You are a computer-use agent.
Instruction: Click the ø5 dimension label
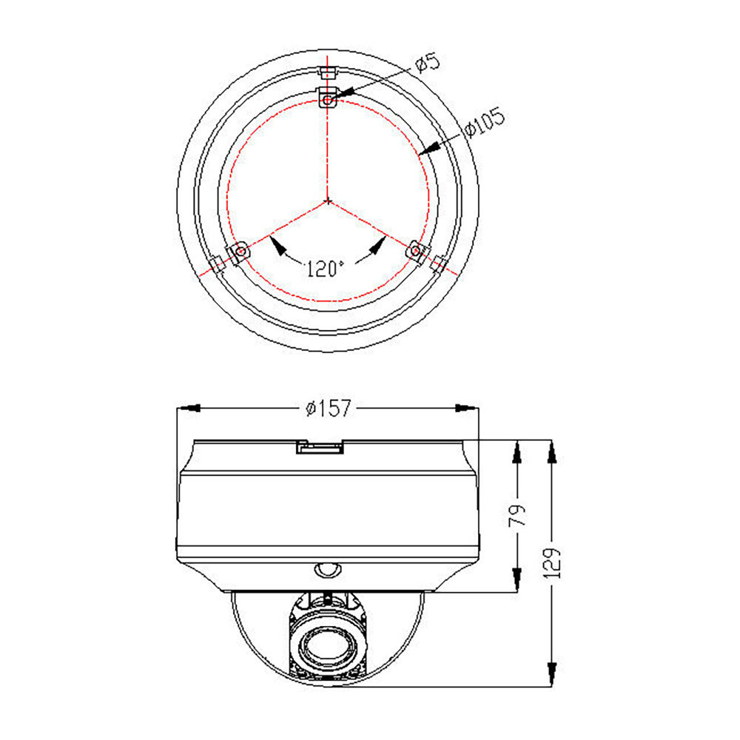(x=428, y=62)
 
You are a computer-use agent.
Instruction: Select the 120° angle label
(x=324, y=269)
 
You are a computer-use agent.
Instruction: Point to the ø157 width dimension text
(x=329, y=408)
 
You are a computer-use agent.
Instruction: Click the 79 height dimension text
(x=517, y=515)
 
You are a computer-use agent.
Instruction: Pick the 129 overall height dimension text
(x=552, y=563)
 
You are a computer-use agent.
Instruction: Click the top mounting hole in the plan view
(x=328, y=100)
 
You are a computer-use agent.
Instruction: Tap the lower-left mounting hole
(x=240, y=251)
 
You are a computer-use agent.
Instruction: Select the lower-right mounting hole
(x=415, y=250)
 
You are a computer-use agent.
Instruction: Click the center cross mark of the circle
(x=328, y=201)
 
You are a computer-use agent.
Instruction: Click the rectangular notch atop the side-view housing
(x=319, y=446)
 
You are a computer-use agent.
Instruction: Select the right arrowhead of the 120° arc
(x=377, y=246)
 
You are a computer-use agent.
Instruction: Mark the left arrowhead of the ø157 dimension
(x=188, y=408)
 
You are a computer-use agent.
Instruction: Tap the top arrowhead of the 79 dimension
(x=517, y=452)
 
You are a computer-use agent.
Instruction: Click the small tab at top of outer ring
(x=328, y=73)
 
